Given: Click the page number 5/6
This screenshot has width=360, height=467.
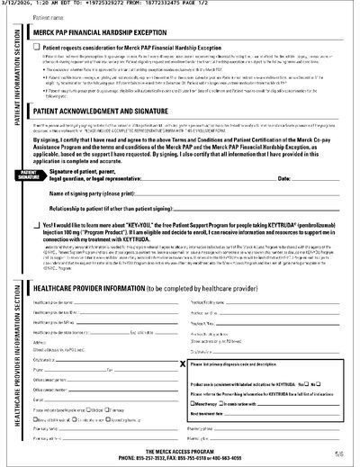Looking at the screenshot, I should click(337, 454).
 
